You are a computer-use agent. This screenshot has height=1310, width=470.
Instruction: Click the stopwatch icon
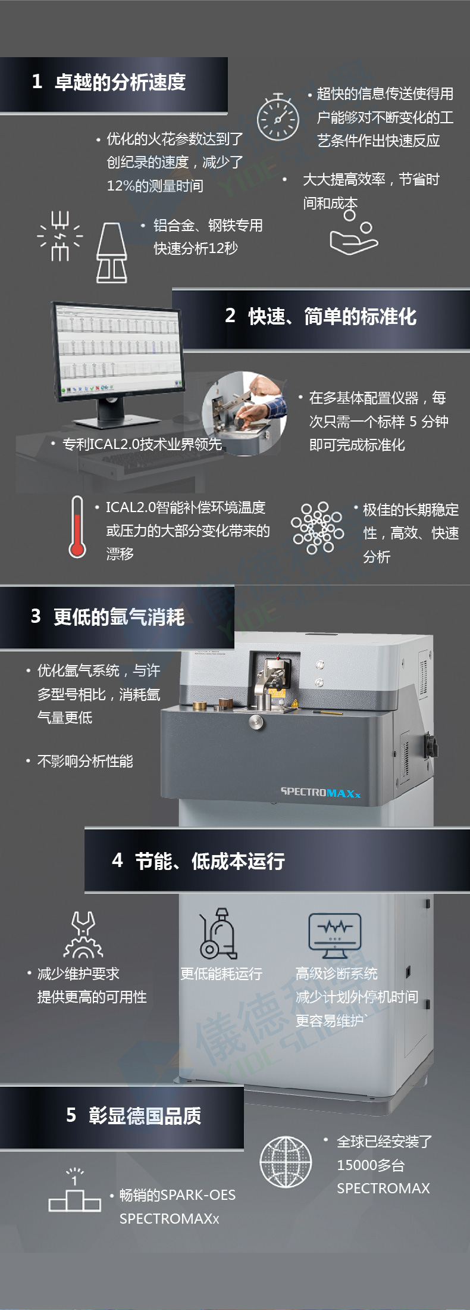tap(277, 117)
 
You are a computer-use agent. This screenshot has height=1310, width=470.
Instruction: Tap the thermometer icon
tap(77, 527)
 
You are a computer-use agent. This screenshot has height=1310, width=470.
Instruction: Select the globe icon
tap(286, 1161)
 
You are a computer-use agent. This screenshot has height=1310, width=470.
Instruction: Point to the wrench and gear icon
tap(83, 934)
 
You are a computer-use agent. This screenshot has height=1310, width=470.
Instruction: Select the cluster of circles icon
tap(317, 527)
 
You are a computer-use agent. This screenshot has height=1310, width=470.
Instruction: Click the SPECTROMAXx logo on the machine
tap(320, 793)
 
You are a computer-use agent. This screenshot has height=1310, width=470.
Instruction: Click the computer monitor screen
tap(118, 348)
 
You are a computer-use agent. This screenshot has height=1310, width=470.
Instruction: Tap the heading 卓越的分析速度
tap(120, 82)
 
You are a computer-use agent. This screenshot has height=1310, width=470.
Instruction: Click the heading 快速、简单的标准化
tap(332, 316)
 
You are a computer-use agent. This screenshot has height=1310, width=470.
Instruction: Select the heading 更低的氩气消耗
tap(119, 617)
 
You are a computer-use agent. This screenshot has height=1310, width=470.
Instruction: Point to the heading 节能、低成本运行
tap(210, 860)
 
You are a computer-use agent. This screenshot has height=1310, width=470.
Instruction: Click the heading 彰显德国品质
tap(145, 1115)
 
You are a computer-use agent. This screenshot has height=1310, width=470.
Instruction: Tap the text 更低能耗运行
tap(221, 974)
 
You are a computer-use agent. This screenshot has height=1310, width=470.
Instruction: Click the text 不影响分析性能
tap(85, 761)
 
